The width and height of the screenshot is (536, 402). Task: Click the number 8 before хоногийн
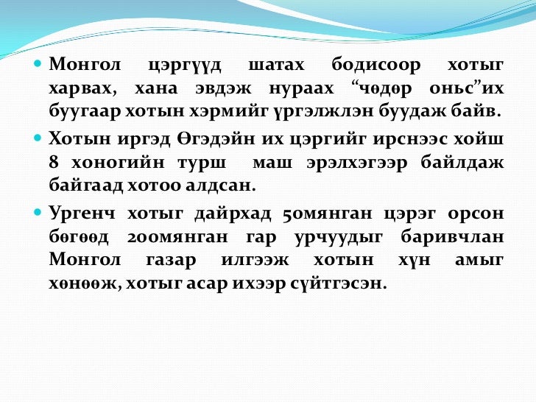pos(54,161)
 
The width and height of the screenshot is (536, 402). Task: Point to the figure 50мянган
pos(325,214)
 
